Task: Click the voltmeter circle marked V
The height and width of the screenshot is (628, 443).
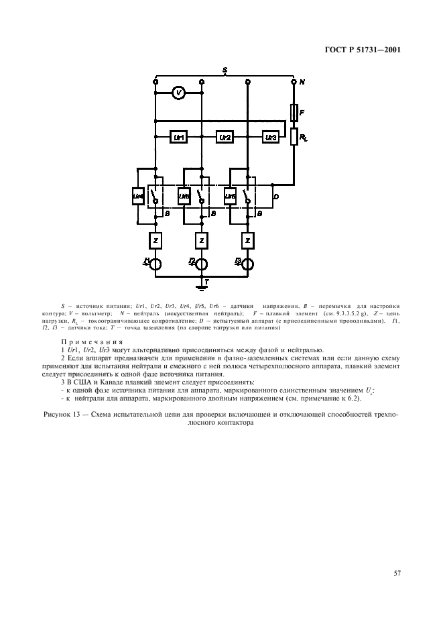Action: point(178,94)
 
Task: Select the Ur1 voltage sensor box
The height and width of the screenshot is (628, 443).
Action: point(178,137)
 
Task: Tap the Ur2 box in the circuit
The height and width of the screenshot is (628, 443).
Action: point(225,137)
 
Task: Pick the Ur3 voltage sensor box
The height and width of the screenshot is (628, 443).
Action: point(270,137)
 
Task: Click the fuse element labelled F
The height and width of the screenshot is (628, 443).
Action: point(294,112)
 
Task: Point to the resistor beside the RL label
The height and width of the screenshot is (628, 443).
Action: point(294,137)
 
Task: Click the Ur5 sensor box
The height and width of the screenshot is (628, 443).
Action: point(184,196)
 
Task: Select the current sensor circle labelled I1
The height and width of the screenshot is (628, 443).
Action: point(155,264)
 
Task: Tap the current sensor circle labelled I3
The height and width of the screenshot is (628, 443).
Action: point(248,264)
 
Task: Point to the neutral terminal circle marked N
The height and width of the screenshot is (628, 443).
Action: point(294,82)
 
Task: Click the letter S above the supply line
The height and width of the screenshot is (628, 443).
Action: point(225,70)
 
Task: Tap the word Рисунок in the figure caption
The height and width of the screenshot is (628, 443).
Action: point(64,415)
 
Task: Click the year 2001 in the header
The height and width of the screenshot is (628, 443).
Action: point(389,48)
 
